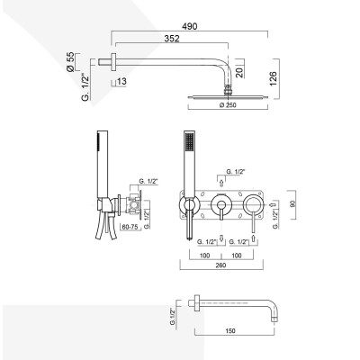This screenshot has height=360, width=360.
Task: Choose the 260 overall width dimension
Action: click(x=221, y=267)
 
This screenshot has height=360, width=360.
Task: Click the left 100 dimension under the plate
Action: click(x=203, y=255)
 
